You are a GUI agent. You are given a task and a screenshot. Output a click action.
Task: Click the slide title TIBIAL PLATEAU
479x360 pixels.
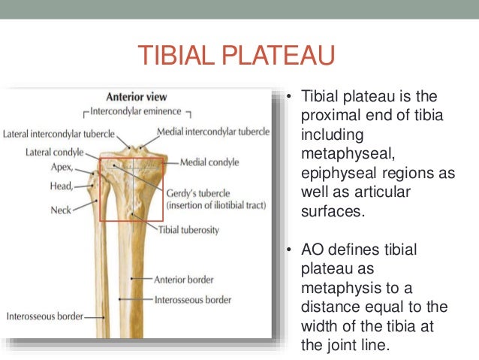point(235,57)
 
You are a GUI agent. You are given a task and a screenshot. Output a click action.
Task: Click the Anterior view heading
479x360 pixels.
point(136,97)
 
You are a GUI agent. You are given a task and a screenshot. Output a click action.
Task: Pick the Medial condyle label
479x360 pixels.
point(209,162)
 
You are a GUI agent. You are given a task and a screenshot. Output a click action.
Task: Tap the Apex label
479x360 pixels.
point(61,167)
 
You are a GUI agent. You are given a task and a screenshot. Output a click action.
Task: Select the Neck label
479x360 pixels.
point(61,210)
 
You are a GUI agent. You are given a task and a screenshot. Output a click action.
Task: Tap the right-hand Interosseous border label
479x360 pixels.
point(192,299)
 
